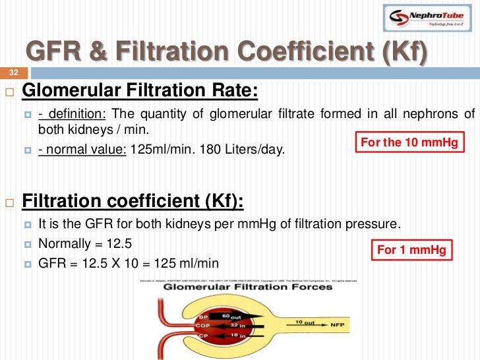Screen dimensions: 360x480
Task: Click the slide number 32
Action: pyautogui.click(x=13, y=73)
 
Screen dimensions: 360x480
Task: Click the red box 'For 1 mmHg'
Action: pyautogui.click(x=411, y=250)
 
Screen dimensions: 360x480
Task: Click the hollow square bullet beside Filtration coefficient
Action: pyautogui.click(x=10, y=201)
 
